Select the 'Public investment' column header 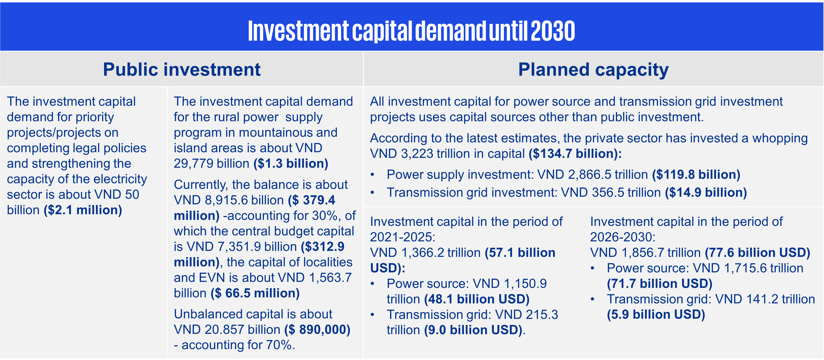pos(182,69)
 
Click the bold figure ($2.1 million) pos(83,210)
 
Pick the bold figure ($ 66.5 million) pos(255,293)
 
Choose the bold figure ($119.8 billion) pos(696,175)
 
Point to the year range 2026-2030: pos(623,237)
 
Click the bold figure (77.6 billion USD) pos(758,252)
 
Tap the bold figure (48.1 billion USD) pos(477,299)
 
